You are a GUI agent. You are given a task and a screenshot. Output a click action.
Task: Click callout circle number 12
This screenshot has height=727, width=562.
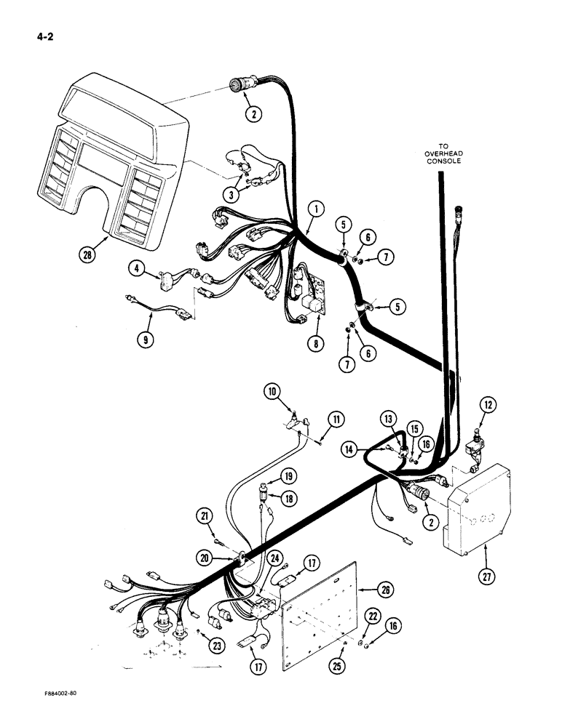coord(487,405)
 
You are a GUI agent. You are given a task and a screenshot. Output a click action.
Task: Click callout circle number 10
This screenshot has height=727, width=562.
coord(273,394)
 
